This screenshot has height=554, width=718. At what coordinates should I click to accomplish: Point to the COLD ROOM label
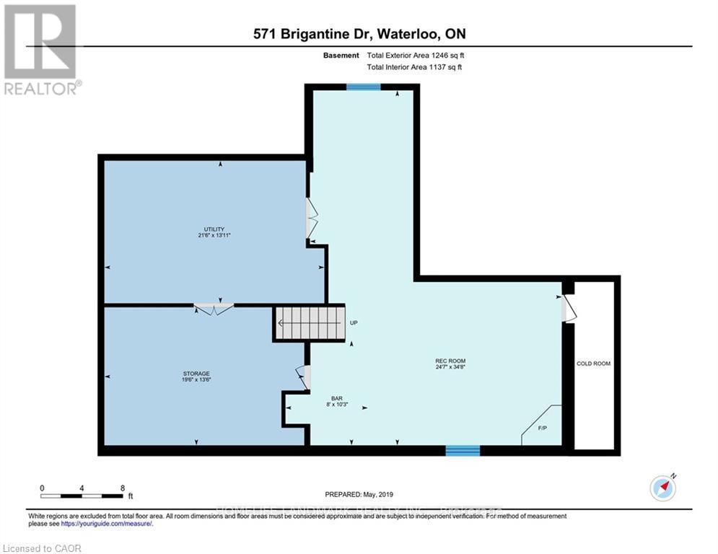(593, 364)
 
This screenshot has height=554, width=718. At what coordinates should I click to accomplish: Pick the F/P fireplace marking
(542, 428)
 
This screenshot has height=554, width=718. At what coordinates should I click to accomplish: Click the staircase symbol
(310, 322)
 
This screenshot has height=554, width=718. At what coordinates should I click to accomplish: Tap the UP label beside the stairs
(354, 323)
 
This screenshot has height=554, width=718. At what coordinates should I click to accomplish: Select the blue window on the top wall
(363, 87)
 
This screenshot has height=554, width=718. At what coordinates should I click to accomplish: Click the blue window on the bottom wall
(463, 450)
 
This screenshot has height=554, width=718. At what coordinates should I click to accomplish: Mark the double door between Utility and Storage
(214, 309)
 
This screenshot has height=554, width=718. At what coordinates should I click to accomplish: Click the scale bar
(82, 496)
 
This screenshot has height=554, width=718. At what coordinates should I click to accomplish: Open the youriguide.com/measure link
(111, 524)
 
